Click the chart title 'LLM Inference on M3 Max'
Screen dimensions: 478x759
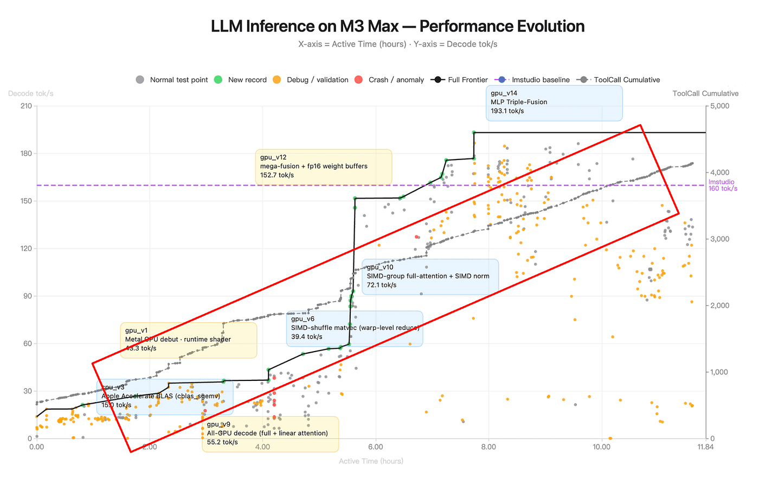[397, 26]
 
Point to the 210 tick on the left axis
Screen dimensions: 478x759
[25, 106]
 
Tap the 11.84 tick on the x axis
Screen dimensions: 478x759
[705, 447]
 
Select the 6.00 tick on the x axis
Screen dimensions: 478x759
[375, 447]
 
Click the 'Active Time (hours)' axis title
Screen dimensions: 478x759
[371, 461]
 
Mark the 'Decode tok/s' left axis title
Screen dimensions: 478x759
[31, 93]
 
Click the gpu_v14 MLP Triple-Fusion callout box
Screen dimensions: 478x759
[554, 103]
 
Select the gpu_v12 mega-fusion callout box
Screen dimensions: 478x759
[323, 167]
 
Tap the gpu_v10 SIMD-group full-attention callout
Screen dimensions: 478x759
[430, 276]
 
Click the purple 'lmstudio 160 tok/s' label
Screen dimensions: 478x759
[722, 185]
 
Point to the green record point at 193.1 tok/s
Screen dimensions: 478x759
[474, 132]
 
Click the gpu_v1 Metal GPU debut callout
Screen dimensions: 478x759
[188, 340]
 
